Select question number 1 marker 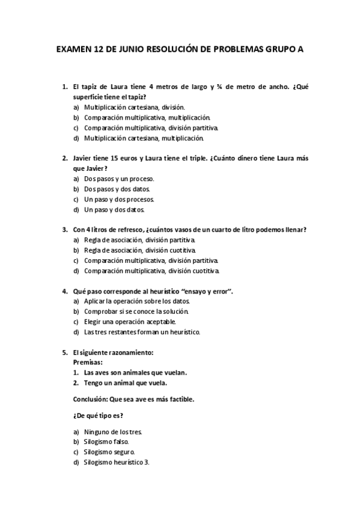point(65,87)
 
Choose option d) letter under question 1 point(76,138)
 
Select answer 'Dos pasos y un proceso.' point(119,179)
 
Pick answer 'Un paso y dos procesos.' point(119,199)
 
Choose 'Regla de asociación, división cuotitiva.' point(140,250)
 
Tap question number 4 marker point(65,291)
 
